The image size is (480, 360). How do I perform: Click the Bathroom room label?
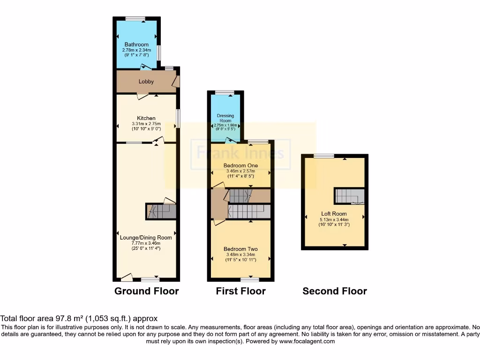136,45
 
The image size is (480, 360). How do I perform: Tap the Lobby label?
146,82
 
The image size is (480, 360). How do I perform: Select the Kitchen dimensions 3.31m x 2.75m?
146,124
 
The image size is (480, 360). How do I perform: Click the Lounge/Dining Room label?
146,238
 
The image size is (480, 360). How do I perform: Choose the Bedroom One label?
240,165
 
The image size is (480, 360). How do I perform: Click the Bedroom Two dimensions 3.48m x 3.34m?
240,255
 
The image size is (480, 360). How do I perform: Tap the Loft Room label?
334,213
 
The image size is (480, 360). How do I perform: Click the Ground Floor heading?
146,291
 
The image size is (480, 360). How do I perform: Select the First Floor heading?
240,291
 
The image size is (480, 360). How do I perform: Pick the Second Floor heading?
334,291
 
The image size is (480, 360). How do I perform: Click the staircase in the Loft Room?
349,196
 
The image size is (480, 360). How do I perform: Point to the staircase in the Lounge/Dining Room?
161,211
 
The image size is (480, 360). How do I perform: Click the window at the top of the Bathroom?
135,19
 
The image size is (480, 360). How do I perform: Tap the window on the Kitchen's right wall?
178,119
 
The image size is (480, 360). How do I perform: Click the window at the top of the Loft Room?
324,156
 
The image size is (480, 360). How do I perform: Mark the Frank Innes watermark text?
240,153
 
